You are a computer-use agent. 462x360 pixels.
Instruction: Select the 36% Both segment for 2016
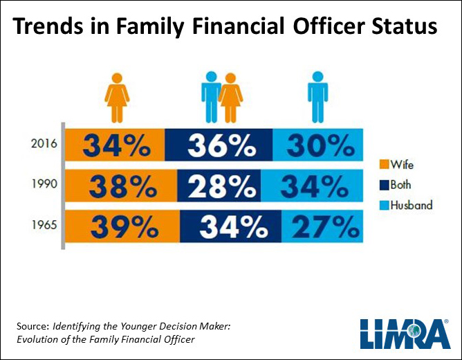[219, 145]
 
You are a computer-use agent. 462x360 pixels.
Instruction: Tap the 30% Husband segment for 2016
[316, 145]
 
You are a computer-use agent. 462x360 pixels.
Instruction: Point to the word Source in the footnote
[31, 325]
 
